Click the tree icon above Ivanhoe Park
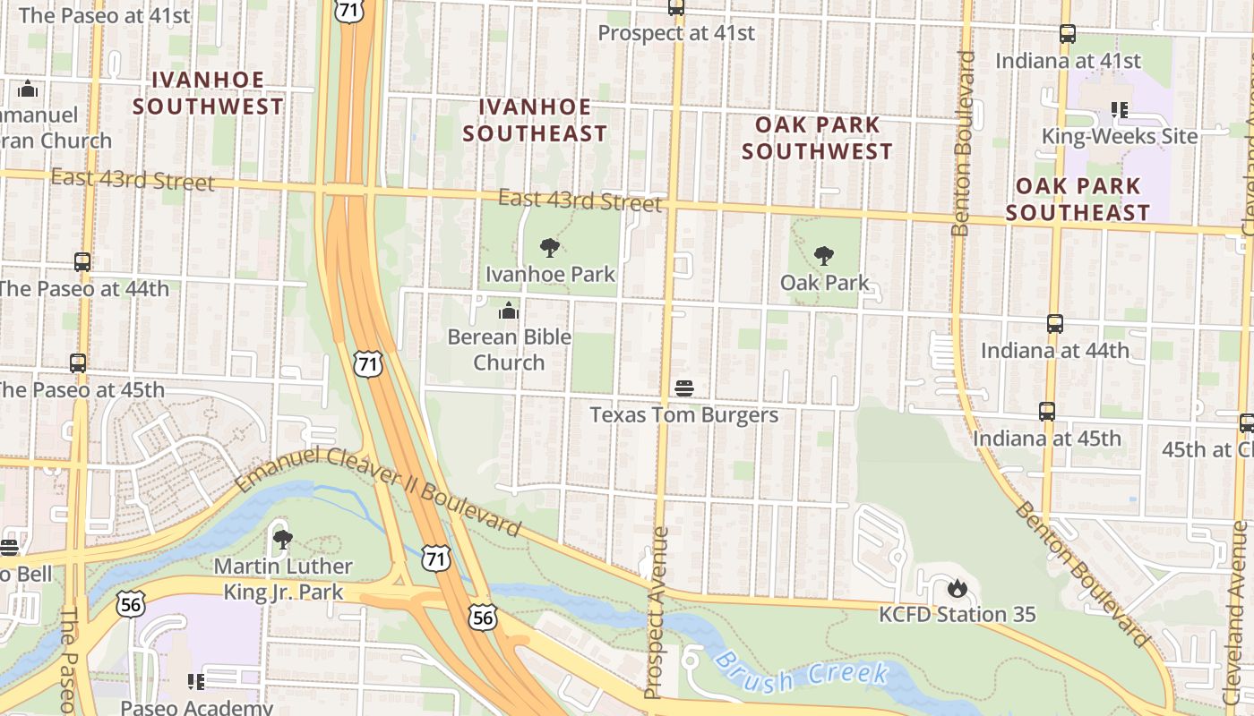pyautogui.click(x=550, y=248)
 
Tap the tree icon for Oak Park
pyautogui.click(x=823, y=257)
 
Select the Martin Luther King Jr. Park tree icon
pyautogui.click(x=282, y=540)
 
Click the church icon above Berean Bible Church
pyautogui.click(x=509, y=311)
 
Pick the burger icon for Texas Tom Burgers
pyautogui.click(x=684, y=389)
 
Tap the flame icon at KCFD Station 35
pyautogui.click(x=957, y=588)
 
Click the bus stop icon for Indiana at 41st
pyautogui.click(x=1068, y=35)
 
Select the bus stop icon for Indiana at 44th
pyautogui.click(x=1055, y=324)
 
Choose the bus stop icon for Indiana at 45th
pyautogui.click(x=1047, y=412)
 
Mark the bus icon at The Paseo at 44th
pyautogui.click(x=82, y=262)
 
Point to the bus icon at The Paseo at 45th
pyautogui.click(x=78, y=363)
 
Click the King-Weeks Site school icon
pyautogui.click(x=1119, y=110)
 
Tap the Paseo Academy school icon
pyautogui.click(x=196, y=682)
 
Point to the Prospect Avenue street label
pyautogui.click(x=656, y=612)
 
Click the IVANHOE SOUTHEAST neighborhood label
pyautogui.click(x=535, y=120)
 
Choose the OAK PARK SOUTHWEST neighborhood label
pyautogui.click(x=817, y=138)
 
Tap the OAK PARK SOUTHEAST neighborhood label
pyautogui.click(x=1078, y=199)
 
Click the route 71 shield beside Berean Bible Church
pyautogui.click(x=367, y=363)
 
